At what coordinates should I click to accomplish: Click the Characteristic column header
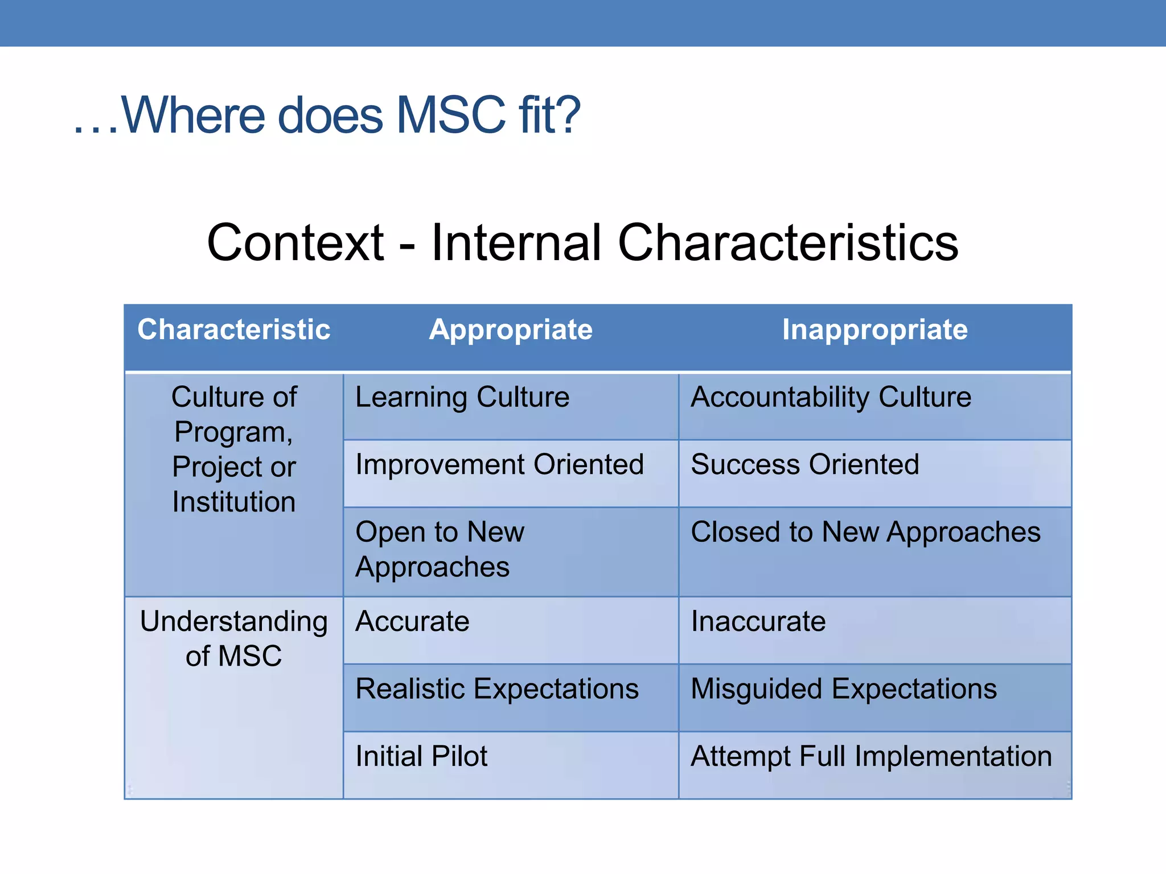click(x=233, y=330)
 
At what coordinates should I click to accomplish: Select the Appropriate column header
click(x=511, y=330)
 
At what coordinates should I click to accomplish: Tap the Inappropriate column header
click(x=874, y=330)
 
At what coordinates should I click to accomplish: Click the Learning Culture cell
click(x=462, y=397)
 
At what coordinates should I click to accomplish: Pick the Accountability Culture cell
click(x=831, y=397)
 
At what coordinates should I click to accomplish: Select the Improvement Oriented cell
click(x=499, y=464)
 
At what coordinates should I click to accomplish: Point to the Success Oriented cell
click(x=804, y=464)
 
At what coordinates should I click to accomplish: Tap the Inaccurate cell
click(x=758, y=621)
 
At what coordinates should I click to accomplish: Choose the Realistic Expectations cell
click(x=496, y=689)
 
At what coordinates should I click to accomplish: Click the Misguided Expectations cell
click(x=843, y=689)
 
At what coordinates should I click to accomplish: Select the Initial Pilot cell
click(x=421, y=757)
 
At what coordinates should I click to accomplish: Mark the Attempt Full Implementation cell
click(x=871, y=757)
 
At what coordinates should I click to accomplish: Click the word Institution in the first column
click(x=234, y=502)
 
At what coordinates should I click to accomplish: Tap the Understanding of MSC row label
click(x=234, y=638)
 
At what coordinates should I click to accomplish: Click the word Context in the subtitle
click(x=295, y=243)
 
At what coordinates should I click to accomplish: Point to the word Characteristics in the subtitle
click(x=788, y=243)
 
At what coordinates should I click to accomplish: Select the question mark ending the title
click(x=567, y=116)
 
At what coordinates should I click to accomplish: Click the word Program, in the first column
click(x=233, y=432)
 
